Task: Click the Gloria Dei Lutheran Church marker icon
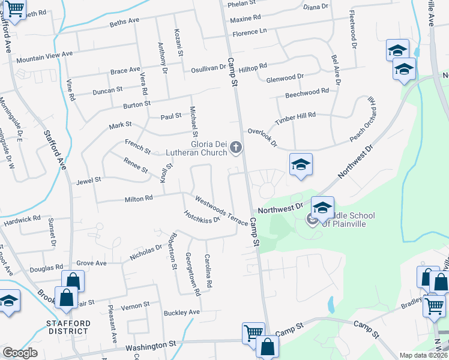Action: (x=237, y=147)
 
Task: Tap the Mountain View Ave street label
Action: (x=44, y=57)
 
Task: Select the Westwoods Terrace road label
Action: (x=220, y=210)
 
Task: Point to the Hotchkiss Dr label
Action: (x=202, y=216)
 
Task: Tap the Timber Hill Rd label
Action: (x=295, y=118)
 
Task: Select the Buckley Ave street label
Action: (x=181, y=313)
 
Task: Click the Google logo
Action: (x=20, y=353)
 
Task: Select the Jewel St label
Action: (x=89, y=179)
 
